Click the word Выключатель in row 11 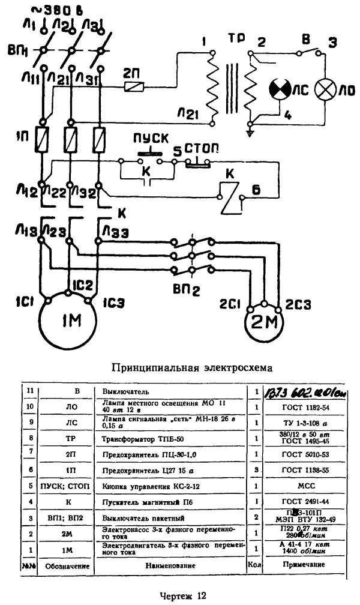pyautogui.click(x=124, y=391)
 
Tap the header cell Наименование pyautogui.click(x=172, y=565)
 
